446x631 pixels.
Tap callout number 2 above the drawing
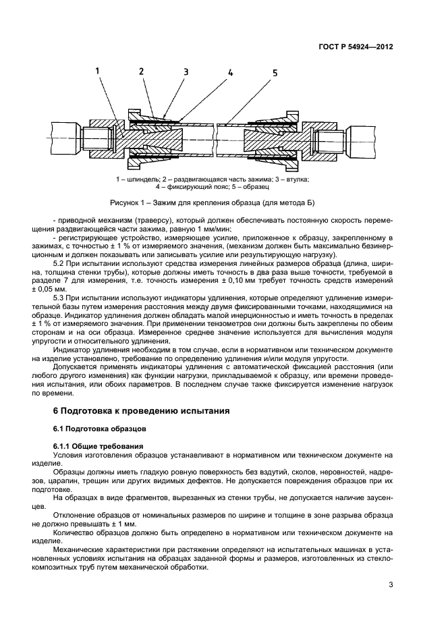coord(142,71)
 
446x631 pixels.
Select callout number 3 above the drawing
coord(186,72)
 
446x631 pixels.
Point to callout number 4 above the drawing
coord(230,72)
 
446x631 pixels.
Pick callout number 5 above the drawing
coord(275,73)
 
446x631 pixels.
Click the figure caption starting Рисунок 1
coord(213,202)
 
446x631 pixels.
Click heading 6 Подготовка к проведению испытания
coord(142,410)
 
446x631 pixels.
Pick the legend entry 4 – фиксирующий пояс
coord(186,186)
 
